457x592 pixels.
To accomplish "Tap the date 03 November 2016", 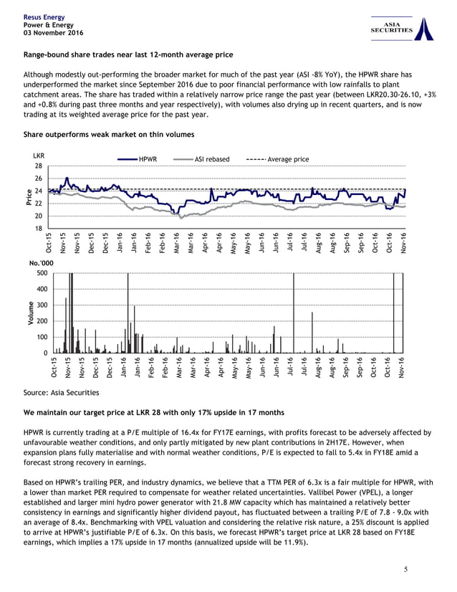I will tap(54, 33).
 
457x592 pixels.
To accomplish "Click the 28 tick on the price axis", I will tap(38, 166).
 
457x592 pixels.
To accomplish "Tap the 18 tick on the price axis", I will tap(38, 229).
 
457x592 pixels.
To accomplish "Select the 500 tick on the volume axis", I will tap(40, 273).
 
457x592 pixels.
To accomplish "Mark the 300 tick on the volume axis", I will tap(40, 305).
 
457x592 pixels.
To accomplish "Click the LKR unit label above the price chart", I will tap(39, 155).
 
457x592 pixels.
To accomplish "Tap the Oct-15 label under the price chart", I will tap(48, 243).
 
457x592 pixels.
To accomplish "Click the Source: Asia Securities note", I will tap(62, 393).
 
